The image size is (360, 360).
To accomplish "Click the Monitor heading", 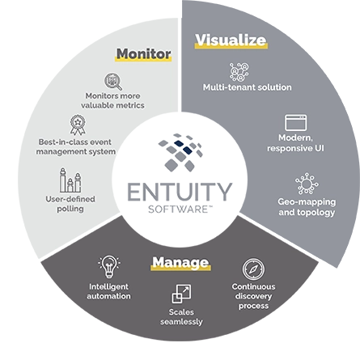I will point(143,54).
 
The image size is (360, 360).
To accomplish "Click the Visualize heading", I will point(231,40).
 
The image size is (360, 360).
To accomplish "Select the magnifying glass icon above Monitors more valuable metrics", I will point(112,81).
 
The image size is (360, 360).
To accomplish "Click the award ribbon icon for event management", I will point(77,125).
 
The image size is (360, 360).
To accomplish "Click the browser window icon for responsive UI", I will point(295,123).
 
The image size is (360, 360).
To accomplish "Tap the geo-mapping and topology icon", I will point(306,184).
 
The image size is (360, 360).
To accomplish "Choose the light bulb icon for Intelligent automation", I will point(108,265).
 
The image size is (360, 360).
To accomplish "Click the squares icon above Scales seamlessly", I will point(181,294).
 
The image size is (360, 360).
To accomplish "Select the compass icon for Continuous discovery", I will point(253,269).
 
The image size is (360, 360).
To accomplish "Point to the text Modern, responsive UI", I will point(294,143).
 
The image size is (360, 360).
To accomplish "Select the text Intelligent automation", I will point(108,291).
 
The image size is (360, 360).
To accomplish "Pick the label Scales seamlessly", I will point(181,316).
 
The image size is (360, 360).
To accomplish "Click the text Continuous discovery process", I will point(253,296).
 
